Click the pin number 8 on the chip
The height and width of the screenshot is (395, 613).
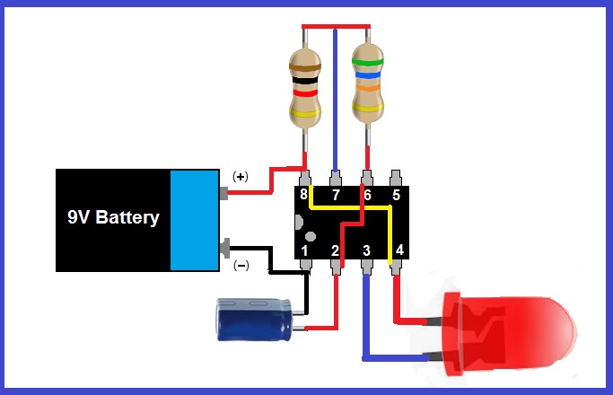[x=305, y=194]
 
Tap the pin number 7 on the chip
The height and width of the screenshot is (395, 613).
[x=336, y=194]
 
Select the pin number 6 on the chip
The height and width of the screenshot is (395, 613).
[x=366, y=194]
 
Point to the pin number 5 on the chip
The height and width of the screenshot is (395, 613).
[x=396, y=194]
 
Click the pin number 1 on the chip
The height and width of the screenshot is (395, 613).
[x=305, y=250]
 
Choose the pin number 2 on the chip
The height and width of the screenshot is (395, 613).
[x=336, y=250]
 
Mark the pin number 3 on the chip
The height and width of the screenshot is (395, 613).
[x=366, y=250]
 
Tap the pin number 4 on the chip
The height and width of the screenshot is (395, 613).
[x=399, y=250]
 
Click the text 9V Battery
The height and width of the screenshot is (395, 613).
[x=113, y=217]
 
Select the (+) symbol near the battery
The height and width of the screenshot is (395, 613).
[x=241, y=177]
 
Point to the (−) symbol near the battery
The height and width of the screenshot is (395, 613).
[x=241, y=265]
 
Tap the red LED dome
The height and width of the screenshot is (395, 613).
[x=530, y=329]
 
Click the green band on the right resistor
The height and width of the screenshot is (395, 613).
[x=367, y=63]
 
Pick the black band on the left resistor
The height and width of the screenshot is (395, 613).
[x=304, y=80]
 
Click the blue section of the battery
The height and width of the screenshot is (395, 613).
[x=194, y=220]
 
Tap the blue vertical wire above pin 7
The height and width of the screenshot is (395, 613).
[x=336, y=99]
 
